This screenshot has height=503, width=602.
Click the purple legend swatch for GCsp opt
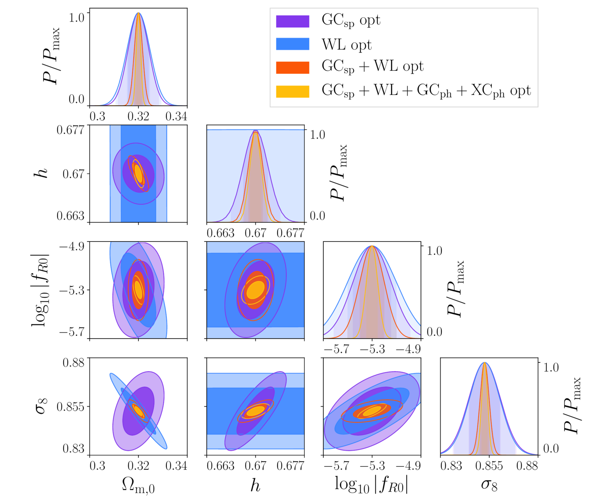coord(292,21)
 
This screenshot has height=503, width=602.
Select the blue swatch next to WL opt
coord(292,44)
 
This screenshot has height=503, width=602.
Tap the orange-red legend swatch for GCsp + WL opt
coord(292,67)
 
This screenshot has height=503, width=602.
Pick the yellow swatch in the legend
coord(292,91)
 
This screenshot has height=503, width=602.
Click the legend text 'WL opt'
coord(346,45)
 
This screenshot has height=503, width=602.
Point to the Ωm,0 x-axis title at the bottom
coord(138,485)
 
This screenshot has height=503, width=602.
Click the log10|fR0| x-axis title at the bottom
coord(371,484)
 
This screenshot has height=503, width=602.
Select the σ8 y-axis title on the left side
coord(42,406)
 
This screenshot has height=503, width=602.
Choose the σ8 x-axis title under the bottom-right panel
coord(489,484)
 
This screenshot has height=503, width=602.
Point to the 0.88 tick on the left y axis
coord(73,362)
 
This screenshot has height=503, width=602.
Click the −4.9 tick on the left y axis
coord(72,246)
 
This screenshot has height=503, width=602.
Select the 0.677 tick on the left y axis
coord(70,130)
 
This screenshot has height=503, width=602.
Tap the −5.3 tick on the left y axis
coord(72,290)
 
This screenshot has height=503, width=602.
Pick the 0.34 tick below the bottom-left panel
coord(176,466)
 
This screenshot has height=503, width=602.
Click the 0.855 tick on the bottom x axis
coord(489,466)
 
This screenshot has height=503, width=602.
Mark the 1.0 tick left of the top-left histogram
coord(76,17)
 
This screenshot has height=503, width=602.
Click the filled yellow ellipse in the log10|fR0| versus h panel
coord(256,290)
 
